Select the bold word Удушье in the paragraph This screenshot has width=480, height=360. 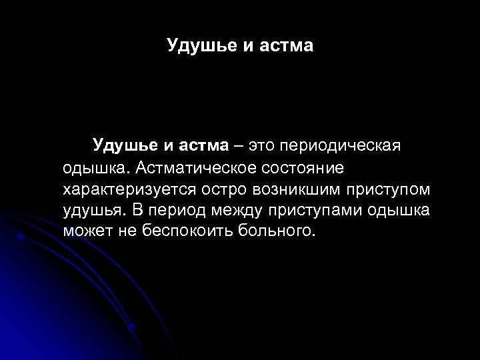pyautogui.click(x=125, y=145)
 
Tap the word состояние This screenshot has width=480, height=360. pyautogui.click(x=300, y=167)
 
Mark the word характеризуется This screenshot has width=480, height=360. pyautogui.click(x=124, y=189)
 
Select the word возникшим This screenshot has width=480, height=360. pyautogui.click(x=298, y=189)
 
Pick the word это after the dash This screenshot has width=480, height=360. pyautogui.click(x=261, y=145)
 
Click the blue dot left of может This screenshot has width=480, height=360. pyautogui.click(x=21, y=236)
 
